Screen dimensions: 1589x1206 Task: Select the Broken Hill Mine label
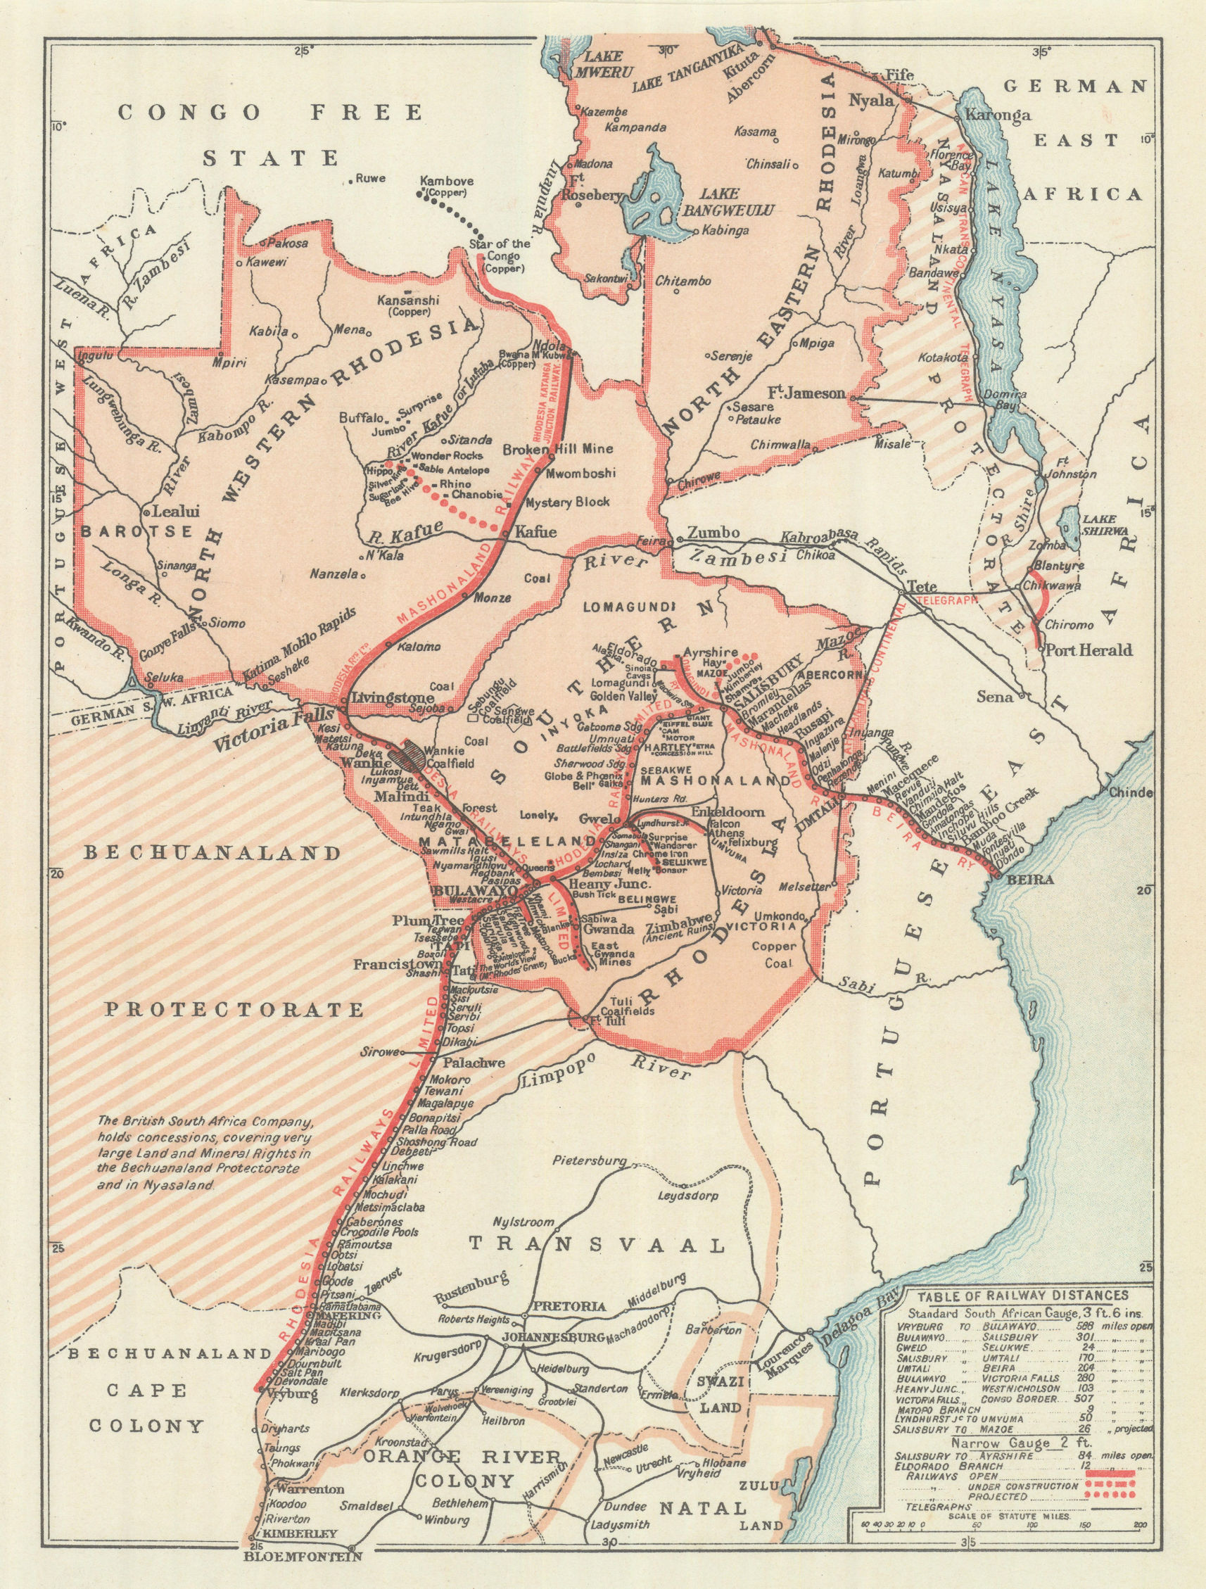(557, 449)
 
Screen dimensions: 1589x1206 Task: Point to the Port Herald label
(1088, 650)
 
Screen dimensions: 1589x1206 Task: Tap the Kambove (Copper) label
(445, 187)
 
